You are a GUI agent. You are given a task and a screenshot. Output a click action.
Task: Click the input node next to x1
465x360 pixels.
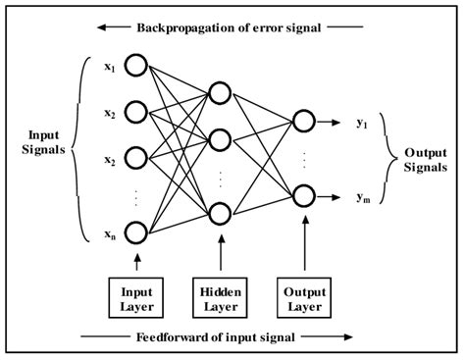135,67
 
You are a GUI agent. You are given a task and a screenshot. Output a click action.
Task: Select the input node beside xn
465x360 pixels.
135,232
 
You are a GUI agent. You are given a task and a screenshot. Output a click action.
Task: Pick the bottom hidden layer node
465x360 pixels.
221,212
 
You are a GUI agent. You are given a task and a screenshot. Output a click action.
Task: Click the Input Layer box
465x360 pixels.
136,297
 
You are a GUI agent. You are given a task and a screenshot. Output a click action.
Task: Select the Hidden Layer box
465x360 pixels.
221,297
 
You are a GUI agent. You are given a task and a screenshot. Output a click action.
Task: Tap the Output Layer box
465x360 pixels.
305,297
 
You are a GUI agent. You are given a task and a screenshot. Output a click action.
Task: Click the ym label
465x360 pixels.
362,196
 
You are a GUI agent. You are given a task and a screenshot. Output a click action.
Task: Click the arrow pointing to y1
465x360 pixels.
334,122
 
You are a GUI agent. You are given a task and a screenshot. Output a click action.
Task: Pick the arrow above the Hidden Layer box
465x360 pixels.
221,257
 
